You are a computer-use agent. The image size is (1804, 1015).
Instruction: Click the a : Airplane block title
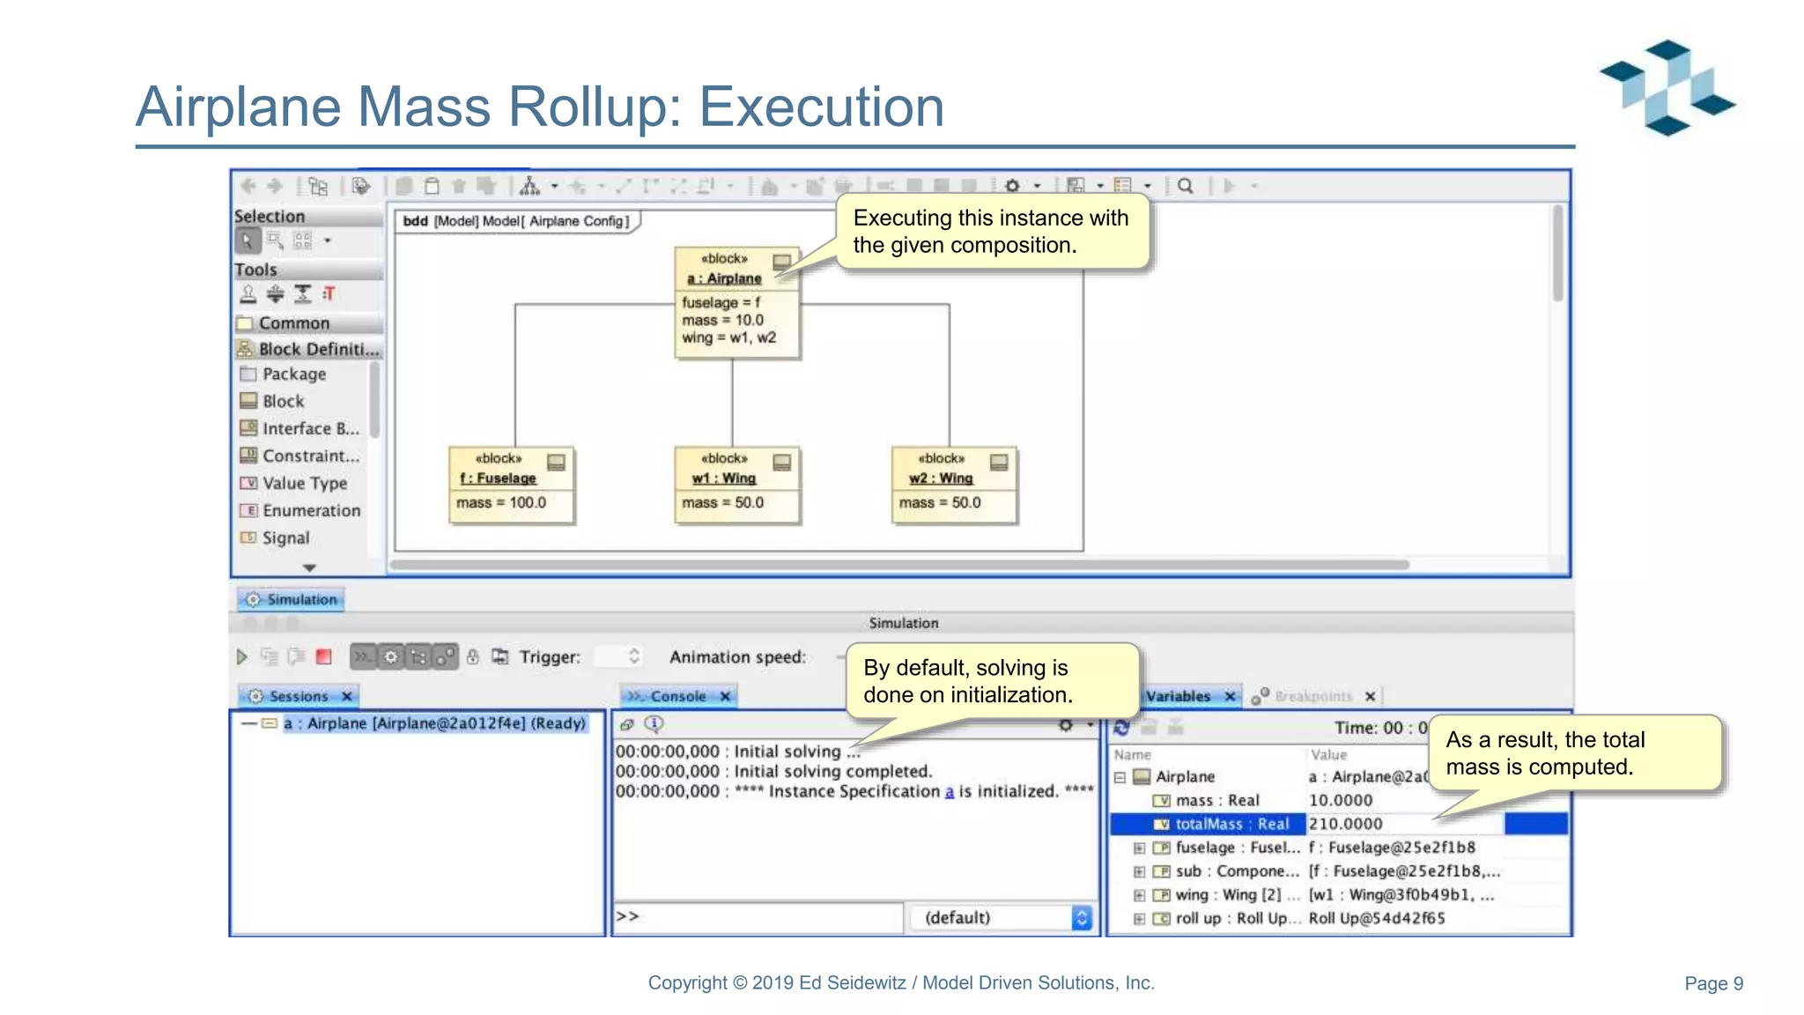pyautogui.click(x=724, y=278)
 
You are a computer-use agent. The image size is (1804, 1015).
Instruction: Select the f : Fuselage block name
pyautogui.click(x=498, y=478)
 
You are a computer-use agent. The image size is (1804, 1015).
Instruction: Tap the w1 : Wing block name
pyautogui.click(x=723, y=478)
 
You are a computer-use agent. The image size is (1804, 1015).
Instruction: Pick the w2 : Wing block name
pyautogui.click(x=941, y=478)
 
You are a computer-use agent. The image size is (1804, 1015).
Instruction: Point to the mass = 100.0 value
pyautogui.click(x=501, y=503)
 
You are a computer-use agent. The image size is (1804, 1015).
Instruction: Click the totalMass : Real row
pyautogui.click(x=1231, y=824)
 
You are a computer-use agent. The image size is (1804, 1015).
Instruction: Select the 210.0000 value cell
pyautogui.click(x=1346, y=824)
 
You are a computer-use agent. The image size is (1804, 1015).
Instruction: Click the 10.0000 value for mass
pyautogui.click(x=1341, y=800)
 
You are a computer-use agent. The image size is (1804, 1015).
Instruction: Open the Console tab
pyautogui.click(x=677, y=696)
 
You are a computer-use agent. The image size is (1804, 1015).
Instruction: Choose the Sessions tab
pyautogui.click(x=299, y=696)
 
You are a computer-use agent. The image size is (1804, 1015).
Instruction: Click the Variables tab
pyautogui.click(x=1179, y=696)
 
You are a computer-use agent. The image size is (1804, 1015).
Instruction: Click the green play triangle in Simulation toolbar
pyautogui.click(x=242, y=656)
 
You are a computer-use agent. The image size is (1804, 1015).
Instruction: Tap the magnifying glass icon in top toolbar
pyautogui.click(x=1186, y=186)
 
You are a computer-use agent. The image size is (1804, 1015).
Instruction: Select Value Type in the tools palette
pyautogui.click(x=304, y=483)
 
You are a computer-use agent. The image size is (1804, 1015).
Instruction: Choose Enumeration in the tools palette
pyautogui.click(x=311, y=510)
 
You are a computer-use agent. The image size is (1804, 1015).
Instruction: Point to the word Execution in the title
pyautogui.click(x=821, y=107)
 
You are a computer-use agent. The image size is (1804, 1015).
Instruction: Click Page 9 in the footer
pyautogui.click(x=1713, y=983)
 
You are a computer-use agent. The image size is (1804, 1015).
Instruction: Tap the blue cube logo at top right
pyautogui.click(x=1667, y=87)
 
